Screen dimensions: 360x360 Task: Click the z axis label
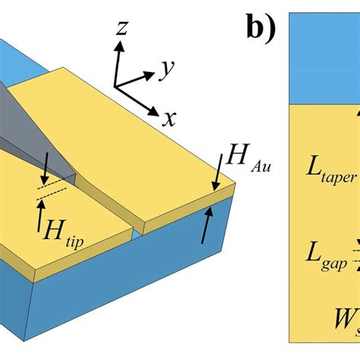coord(122,29)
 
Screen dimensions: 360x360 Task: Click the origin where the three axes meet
coord(116,85)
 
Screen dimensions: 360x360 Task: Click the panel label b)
coord(261,28)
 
